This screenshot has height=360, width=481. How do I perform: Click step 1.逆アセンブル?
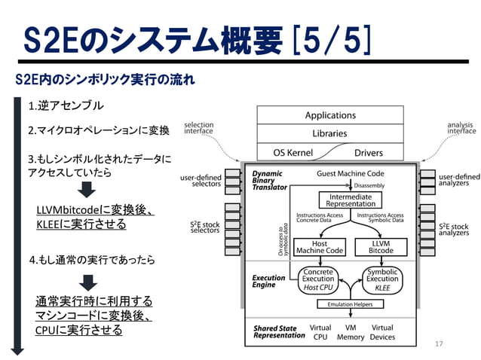pos(66,105)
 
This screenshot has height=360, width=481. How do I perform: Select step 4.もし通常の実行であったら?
pos(91,260)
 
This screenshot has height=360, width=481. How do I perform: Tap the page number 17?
pos(440,343)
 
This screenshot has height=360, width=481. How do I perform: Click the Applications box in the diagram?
pos(330,115)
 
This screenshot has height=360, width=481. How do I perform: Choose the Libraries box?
pos(330,133)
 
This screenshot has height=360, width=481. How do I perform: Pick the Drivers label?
pos(369,153)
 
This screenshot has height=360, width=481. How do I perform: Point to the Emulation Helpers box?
pos(349,304)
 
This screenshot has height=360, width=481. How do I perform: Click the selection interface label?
pos(198,128)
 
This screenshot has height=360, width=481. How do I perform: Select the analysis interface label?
pos(461,128)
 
